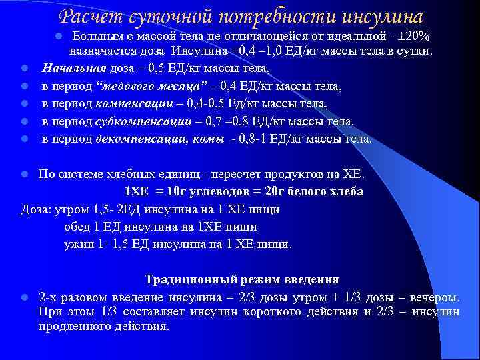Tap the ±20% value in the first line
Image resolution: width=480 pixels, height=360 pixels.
416,34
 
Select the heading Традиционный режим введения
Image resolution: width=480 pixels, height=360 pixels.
242,279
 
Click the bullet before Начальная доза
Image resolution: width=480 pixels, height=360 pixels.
23,69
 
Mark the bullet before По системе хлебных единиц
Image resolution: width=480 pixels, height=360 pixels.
23,175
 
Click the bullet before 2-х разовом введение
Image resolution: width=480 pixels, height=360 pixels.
23,297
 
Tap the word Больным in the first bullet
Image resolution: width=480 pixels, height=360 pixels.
94,34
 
